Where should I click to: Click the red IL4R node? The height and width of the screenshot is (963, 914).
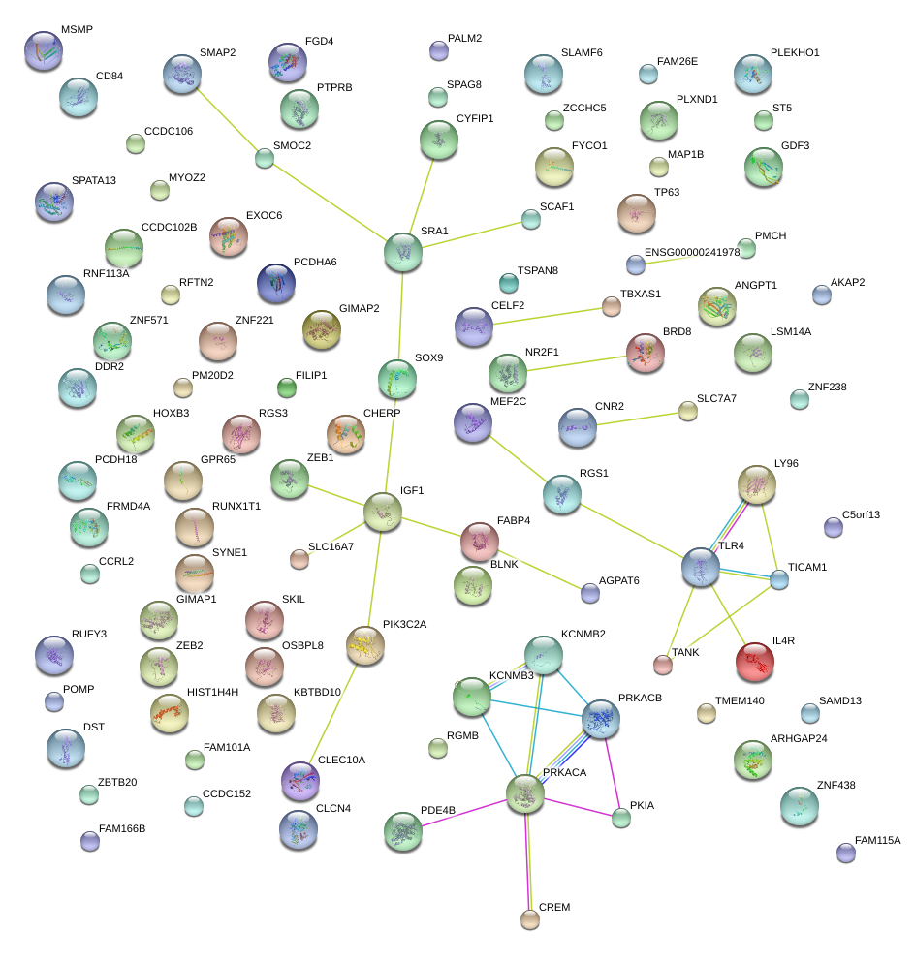point(754,662)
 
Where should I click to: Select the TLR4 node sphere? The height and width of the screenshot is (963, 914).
point(700,567)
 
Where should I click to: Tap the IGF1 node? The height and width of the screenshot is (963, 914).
point(383,511)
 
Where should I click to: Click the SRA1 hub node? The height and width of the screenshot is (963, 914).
point(402,251)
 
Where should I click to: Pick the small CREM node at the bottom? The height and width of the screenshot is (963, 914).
point(529,918)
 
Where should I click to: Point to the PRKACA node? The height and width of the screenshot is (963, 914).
point(524,793)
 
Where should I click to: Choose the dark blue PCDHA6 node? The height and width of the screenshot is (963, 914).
point(276,282)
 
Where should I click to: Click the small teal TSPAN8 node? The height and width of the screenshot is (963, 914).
point(509,283)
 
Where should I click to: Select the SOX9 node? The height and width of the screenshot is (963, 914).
point(396,378)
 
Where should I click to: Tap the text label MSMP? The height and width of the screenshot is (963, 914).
point(77,30)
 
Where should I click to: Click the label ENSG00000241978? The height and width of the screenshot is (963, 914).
point(691,252)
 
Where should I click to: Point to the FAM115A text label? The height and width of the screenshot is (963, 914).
point(877,840)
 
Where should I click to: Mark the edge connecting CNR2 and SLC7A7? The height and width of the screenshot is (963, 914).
point(635,419)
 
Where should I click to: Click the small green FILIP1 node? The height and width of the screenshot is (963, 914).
point(286,388)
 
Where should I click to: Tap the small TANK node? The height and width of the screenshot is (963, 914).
point(662,664)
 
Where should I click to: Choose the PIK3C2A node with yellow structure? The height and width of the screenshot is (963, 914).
point(365,644)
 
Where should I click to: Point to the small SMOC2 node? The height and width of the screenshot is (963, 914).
point(265,158)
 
